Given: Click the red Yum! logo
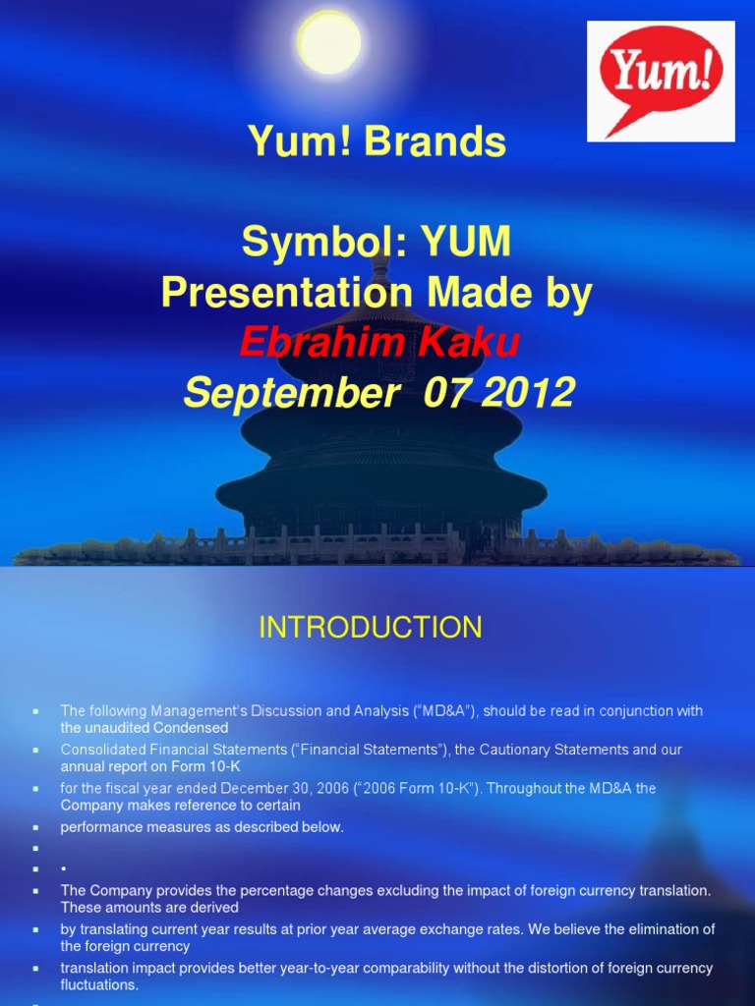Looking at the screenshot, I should click(x=661, y=81).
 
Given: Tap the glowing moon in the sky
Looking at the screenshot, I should click(x=328, y=42).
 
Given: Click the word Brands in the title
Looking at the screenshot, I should click(x=435, y=143).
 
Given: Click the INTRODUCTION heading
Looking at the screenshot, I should click(x=371, y=628).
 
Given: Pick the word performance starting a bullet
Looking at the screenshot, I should click(x=101, y=827).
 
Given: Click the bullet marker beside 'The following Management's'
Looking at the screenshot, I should click(x=35, y=710).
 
